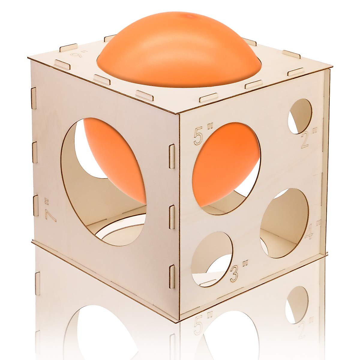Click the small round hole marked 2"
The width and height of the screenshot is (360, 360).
pos(300,116)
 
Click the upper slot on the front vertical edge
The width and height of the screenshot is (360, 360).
pos(172,156)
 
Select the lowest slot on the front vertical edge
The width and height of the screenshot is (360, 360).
pos(172,276)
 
